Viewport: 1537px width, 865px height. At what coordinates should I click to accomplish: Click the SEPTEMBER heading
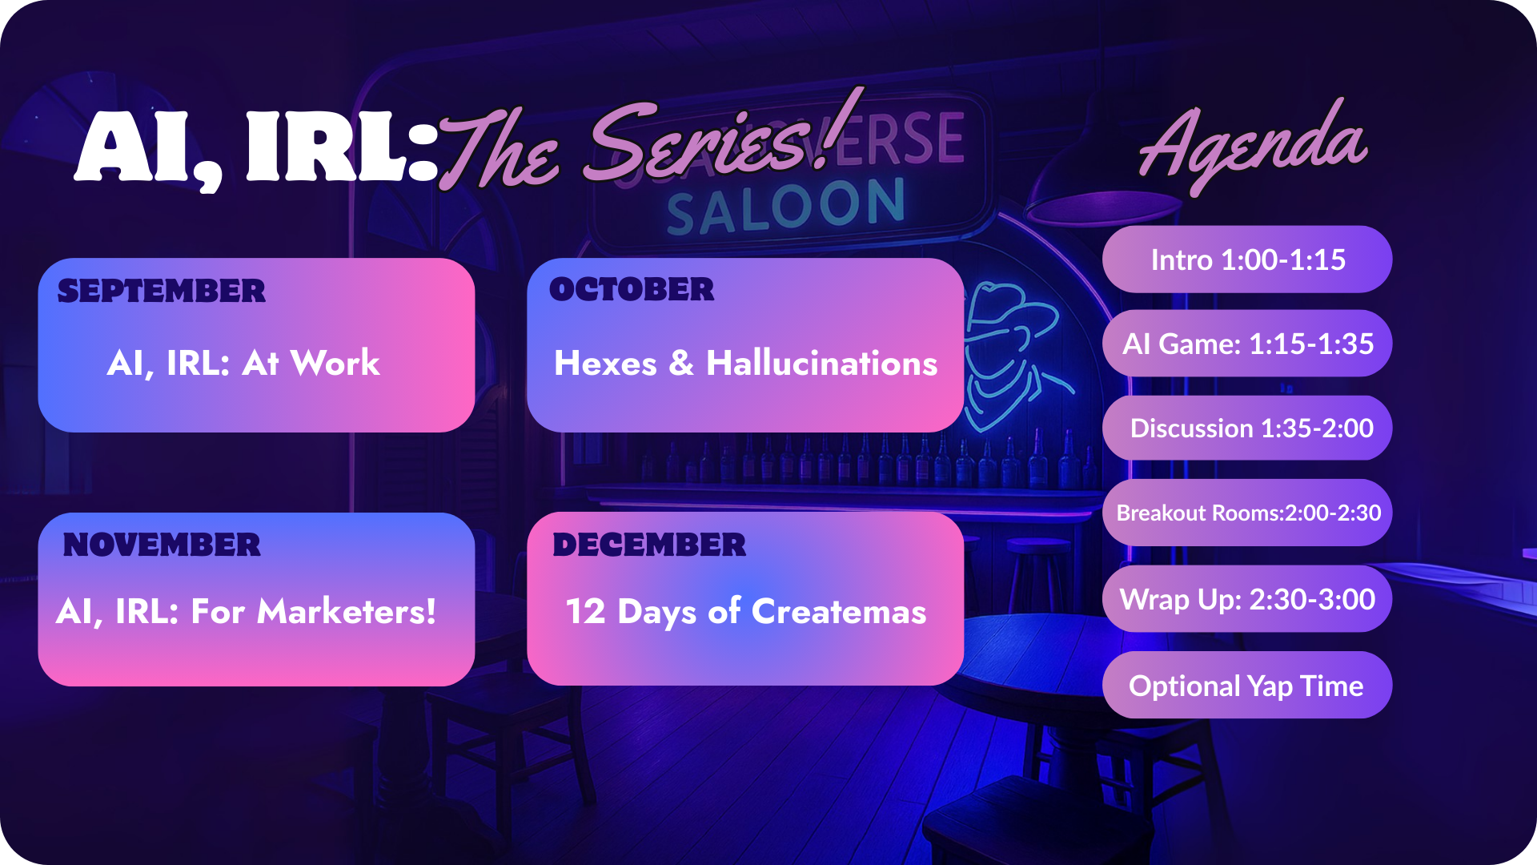tap(161, 292)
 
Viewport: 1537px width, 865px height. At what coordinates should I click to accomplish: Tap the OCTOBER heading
tap(632, 290)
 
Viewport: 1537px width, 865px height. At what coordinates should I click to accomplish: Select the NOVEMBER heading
tap(162, 545)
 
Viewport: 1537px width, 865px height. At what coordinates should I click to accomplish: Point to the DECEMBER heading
tap(649, 545)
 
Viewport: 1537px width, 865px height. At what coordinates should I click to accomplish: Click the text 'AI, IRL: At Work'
tap(243, 364)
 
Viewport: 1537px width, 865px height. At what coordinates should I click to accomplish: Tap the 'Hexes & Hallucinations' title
tap(745, 364)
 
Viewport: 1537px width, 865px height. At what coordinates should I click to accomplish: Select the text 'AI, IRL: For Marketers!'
tap(247, 612)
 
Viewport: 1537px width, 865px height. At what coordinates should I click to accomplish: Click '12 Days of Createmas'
tap(745, 612)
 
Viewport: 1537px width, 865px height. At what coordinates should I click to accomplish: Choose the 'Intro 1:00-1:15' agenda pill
tap(1247, 259)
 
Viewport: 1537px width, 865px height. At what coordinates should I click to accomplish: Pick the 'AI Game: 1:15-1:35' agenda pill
tap(1247, 344)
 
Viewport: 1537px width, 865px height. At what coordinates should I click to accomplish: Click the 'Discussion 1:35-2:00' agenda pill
tap(1247, 428)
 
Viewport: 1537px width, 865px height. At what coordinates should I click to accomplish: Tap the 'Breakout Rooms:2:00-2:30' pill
tap(1247, 513)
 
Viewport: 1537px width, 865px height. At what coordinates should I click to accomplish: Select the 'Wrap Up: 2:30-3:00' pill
tap(1247, 599)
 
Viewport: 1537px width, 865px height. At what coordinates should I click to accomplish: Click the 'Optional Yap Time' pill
tap(1247, 686)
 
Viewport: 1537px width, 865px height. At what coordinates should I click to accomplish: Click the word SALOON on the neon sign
tap(785, 207)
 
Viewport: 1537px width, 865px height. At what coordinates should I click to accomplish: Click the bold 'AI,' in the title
tap(148, 148)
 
